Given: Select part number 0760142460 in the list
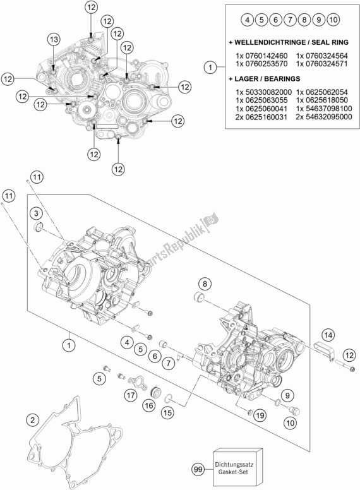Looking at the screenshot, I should (260, 55).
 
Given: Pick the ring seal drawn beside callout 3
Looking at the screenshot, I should (39, 227).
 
